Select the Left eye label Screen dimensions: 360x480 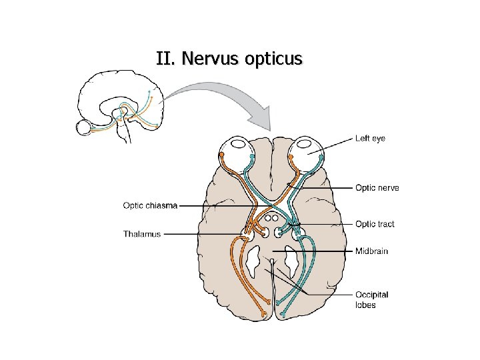click(370, 139)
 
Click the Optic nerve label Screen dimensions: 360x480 click(377, 188)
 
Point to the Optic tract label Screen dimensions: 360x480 click(375, 224)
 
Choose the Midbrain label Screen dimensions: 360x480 click(371, 251)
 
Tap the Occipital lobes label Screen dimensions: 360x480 click(371, 299)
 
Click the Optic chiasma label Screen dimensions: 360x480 click(150, 205)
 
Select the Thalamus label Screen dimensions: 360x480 click(141, 234)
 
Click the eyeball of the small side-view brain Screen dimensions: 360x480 click(83, 127)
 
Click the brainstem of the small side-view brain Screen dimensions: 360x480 click(125, 133)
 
